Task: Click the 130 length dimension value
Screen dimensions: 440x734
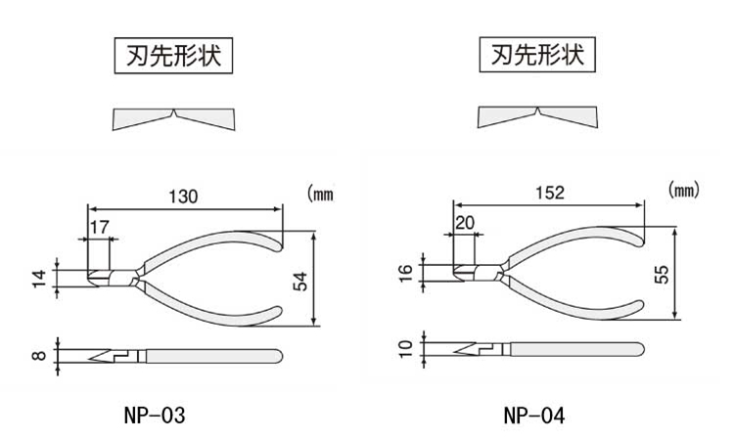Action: tap(182, 196)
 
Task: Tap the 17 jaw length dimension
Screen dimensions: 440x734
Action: tap(99, 227)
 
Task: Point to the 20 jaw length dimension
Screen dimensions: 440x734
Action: tap(465, 223)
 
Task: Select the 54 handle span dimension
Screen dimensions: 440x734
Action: tap(300, 281)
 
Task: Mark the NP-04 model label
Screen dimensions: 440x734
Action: tap(534, 416)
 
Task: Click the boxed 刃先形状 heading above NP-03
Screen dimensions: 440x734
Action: tap(174, 56)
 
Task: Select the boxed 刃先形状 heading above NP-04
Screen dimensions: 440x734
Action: tap(537, 55)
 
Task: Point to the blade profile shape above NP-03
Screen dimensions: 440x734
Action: tap(174, 119)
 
